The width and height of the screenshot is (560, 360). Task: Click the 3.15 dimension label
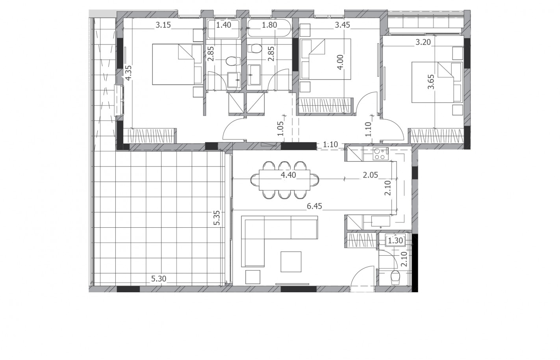point(163,25)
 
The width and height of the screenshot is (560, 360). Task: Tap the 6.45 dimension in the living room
point(314,206)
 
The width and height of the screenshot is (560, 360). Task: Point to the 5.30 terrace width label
point(159,278)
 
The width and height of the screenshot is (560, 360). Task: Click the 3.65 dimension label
point(431,82)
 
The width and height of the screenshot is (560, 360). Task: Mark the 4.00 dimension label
point(340,62)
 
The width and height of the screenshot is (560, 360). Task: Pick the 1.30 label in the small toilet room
point(395,241)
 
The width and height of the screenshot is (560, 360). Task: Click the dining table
point(284,180)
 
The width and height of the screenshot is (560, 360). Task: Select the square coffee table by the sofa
point(291,262)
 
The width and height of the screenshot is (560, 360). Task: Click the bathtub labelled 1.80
point(269,29)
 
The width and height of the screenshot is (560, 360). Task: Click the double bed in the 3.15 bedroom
point(178,64)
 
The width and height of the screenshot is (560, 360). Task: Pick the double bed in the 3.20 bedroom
point(437,82)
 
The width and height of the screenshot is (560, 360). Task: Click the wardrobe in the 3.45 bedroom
point(326,105)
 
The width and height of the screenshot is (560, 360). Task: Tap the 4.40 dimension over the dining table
point(288,175)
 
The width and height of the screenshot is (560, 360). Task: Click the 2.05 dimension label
point(370,175)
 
